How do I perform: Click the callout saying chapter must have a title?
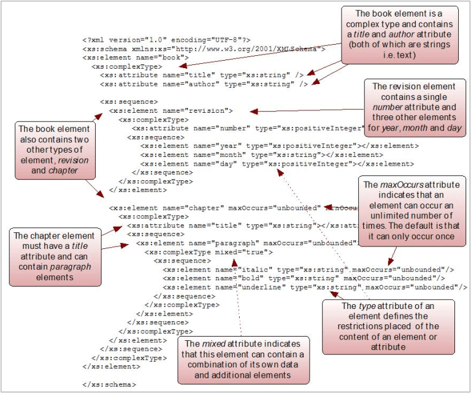coord(52,256)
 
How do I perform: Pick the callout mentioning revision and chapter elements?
coord(55,150)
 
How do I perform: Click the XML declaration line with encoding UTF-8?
coord(166,39)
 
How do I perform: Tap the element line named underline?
coord(312,287)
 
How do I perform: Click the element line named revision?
coord(171,110)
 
